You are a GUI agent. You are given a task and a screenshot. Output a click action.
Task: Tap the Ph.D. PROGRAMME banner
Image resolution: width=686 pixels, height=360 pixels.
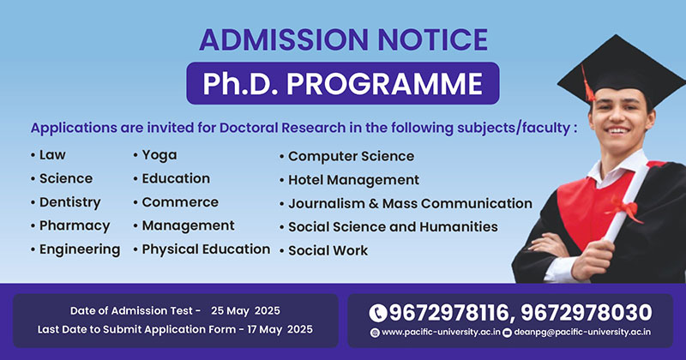[343, 83]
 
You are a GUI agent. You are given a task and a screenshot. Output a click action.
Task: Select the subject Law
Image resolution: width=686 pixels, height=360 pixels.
[52, 155]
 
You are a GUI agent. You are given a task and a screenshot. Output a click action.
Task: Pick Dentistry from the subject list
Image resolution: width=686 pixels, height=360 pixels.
[70, 202]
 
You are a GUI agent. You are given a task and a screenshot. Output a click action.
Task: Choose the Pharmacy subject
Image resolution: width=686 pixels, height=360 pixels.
[75, 225]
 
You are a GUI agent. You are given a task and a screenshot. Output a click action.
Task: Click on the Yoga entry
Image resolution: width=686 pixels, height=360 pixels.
[159, 155]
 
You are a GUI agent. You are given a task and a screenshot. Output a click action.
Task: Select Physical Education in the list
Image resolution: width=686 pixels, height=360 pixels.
[206, 249]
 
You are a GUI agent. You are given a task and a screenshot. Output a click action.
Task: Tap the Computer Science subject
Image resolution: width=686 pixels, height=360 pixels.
[351, 156]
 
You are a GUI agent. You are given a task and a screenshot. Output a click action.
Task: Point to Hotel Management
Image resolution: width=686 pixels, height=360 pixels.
[353, 180]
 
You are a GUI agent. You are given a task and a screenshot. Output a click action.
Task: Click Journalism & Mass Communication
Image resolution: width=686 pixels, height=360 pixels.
[410, 203]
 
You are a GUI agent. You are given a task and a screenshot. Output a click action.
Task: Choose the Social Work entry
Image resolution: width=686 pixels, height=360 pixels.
[328, 250]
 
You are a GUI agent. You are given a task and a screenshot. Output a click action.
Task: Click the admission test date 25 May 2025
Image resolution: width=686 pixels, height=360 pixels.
[245, 311]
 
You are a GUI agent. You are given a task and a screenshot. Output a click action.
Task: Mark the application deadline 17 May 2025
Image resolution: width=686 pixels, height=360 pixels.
[280, 329]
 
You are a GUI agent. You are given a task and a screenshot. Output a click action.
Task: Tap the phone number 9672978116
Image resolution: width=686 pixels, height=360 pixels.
[448, 313]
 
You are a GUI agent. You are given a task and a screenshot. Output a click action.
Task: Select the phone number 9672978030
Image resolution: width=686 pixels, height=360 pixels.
[587, 313]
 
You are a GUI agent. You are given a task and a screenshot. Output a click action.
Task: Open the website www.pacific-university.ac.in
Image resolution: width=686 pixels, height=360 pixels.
[441, 333]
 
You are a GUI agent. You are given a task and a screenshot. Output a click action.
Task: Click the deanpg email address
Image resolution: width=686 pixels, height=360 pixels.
[582, 333]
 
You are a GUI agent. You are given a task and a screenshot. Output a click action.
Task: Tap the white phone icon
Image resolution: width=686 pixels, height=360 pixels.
[378, 313]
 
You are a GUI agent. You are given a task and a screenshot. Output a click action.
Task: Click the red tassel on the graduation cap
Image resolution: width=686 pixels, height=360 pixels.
[588, 83]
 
